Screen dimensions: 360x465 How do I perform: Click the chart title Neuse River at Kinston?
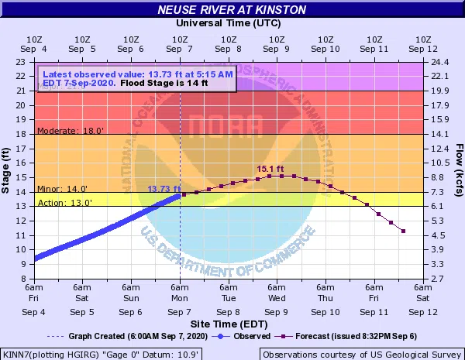click(232, 10)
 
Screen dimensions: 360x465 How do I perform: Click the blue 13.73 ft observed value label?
click(164, 189)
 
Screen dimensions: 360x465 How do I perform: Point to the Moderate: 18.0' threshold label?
click(71, 131)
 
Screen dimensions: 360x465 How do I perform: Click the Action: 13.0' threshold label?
click(66, 203)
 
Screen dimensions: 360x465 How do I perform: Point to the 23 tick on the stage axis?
click(21, 62)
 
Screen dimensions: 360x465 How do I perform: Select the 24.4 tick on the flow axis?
click(439, 62)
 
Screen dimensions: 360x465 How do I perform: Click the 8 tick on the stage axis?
click(23, 279)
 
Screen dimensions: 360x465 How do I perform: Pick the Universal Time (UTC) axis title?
click(232, 25)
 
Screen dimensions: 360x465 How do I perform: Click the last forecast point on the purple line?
click(403, 231)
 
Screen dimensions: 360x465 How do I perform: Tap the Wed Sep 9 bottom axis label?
click(277, 304)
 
